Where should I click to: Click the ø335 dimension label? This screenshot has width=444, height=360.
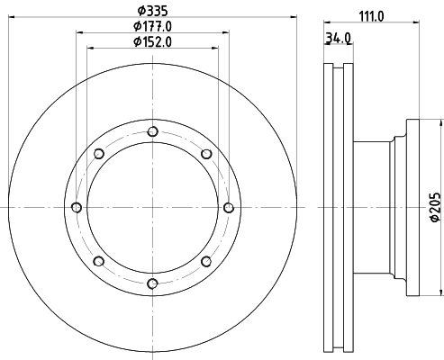152,11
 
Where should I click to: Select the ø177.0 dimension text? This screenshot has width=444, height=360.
152,26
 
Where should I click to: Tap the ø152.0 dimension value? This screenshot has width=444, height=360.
152,42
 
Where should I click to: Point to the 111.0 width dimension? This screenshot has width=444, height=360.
371,16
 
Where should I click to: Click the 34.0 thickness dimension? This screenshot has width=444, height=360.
338,38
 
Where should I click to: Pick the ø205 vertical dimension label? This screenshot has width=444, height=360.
435,207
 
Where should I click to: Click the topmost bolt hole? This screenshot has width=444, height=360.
153,131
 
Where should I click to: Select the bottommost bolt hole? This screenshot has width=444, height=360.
153,283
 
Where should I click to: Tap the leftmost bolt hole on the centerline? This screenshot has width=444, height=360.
77,207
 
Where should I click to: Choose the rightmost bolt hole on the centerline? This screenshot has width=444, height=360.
229,207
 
